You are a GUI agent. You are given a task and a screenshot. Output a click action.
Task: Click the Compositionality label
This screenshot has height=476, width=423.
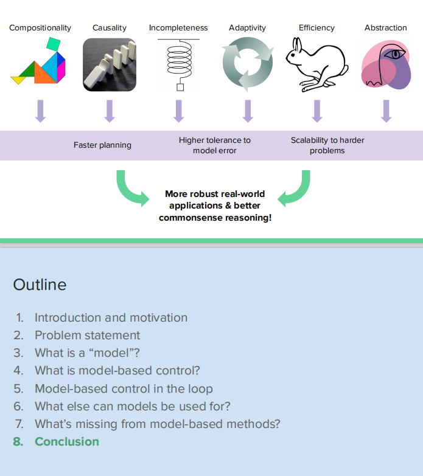[x=40, y=28]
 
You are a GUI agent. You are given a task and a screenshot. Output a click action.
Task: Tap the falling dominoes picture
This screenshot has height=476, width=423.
[x=110, y=64]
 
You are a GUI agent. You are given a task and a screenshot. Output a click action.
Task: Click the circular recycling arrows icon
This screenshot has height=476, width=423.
[x=247, y=65]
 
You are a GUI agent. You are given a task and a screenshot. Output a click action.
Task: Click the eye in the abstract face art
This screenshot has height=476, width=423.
[x=397, y=55]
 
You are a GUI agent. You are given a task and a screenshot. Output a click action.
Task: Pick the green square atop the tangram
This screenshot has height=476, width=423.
[x=53, y=43]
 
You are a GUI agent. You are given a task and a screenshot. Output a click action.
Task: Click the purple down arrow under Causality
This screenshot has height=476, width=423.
[x=110, y=111]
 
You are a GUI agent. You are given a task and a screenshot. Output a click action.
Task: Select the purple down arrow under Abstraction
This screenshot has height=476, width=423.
[x=386, y=111]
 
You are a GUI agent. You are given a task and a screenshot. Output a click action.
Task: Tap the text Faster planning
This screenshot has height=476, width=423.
[x=102, y=145]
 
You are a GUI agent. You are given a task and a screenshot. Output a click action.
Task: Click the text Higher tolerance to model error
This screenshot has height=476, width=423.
[x=214, y=145]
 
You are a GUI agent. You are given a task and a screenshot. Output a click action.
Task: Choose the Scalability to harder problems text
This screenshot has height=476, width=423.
[x=327, y=145]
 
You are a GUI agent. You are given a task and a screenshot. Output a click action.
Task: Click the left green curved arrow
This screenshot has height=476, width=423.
[x=131, y=188]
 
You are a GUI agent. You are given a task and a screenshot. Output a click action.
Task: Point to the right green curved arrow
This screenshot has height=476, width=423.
[x=295, y=188]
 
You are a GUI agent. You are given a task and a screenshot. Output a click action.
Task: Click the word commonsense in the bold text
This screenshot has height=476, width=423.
[x=187, y=217]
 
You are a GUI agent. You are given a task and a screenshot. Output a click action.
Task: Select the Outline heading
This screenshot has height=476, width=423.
[x=40, y=285]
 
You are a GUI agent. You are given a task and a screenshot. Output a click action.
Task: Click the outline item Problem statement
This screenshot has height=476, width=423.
[x=87, y=335]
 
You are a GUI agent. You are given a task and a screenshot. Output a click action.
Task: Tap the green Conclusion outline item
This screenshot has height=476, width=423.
[x=66, y=441]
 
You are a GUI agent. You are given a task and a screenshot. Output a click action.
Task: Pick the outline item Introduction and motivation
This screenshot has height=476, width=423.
[x=111, y=317]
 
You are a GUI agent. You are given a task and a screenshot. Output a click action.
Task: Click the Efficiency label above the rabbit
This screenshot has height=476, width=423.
[x=316, y=28]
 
